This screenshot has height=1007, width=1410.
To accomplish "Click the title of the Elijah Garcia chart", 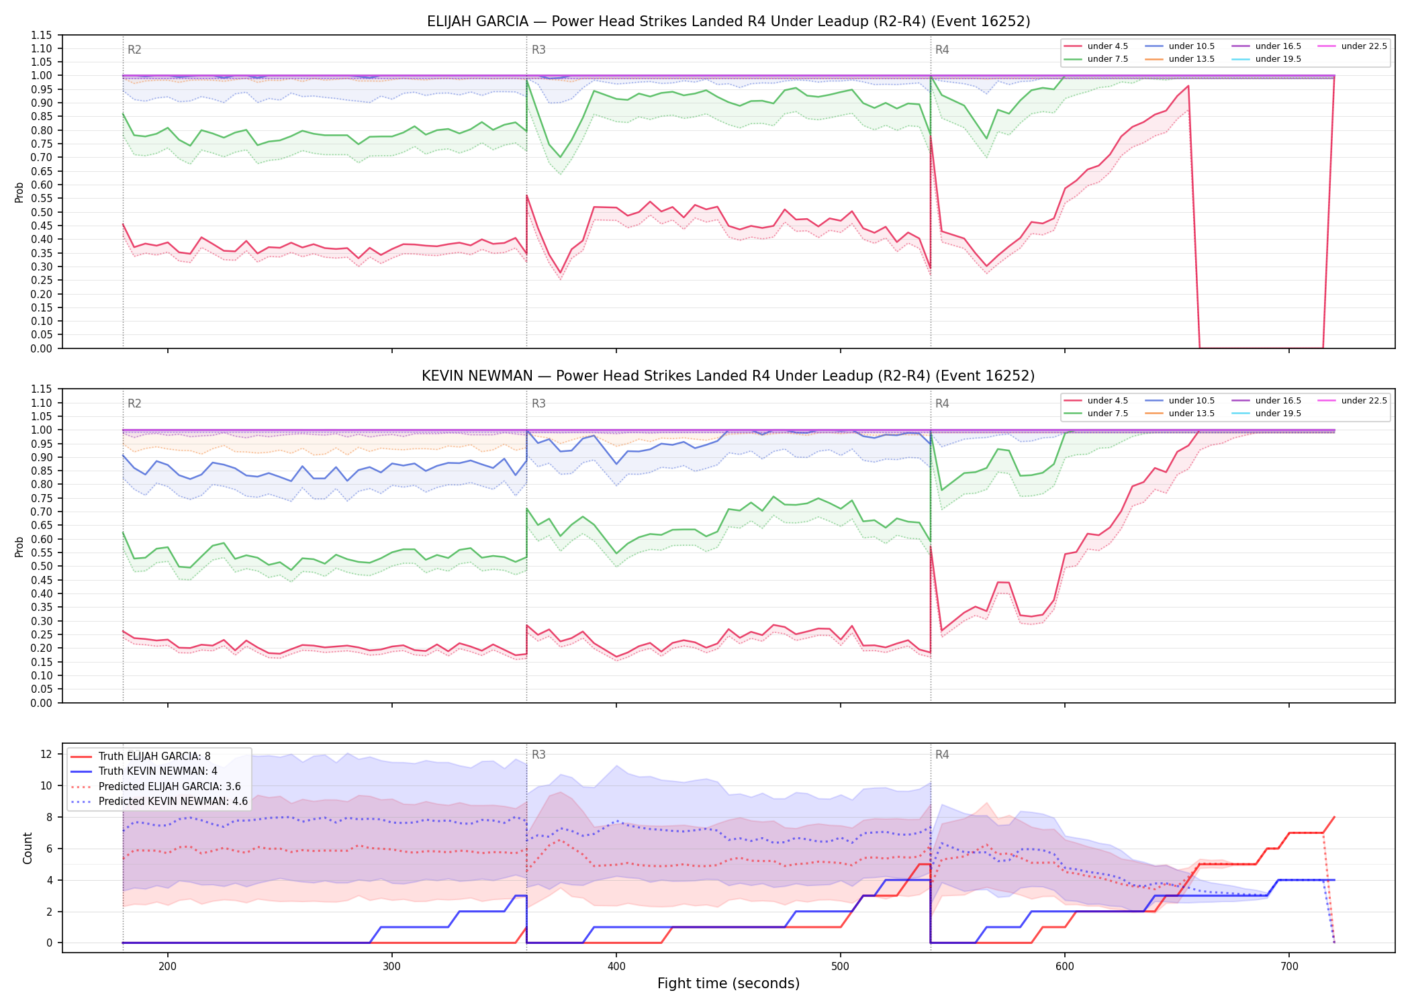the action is pos(728,21).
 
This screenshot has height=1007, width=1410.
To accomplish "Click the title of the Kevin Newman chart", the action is pos(728,376).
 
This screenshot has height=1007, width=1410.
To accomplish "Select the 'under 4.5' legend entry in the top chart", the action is pos(1096,46).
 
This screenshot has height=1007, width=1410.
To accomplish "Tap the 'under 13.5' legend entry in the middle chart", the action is pos(1180,414).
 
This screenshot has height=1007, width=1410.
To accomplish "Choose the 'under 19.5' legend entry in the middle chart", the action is pos(1266,414).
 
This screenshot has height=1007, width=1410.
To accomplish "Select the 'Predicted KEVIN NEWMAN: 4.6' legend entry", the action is pos(159,802).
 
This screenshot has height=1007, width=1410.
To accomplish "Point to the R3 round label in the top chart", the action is pos(538,50).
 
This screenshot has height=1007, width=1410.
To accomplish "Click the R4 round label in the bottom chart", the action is pos(942,755).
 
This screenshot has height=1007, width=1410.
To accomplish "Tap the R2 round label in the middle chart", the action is pos(134,403).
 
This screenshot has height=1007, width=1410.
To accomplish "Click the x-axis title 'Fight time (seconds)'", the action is pos(728,984).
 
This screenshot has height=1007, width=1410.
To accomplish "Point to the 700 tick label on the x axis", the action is pos(1289,966).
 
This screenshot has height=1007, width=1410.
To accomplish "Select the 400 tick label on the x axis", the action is pos(616,966).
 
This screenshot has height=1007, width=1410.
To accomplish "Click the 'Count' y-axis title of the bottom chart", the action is pos(28,848).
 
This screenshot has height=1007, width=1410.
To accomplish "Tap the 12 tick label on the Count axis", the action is pos(46,754).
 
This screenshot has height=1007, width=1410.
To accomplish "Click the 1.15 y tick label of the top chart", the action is pos(42,35).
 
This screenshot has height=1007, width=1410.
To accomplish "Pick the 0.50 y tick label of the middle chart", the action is pos(42,566).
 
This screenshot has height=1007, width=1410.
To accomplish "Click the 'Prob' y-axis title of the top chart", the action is pos(19,192).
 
